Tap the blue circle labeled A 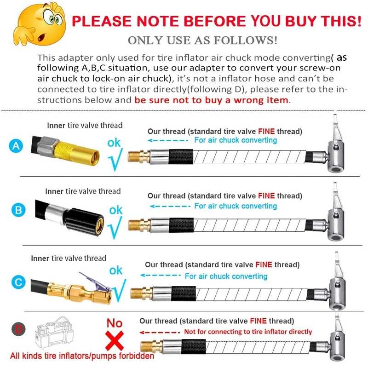coord(16,146)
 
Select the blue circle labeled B coord(18,210)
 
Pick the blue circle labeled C coord(18,282)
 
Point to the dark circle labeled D coord(18,329)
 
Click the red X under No coord(115,340)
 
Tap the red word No coord(115,323)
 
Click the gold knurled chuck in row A coord(76,153)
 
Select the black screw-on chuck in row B coord(84,222)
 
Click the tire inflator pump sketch coord(54,333)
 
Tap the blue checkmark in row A coord(115,160)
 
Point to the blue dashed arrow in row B coord(170,206)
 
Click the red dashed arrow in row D coord(160,332)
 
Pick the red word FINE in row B coord(266,196)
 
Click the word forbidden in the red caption coord(136,356)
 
